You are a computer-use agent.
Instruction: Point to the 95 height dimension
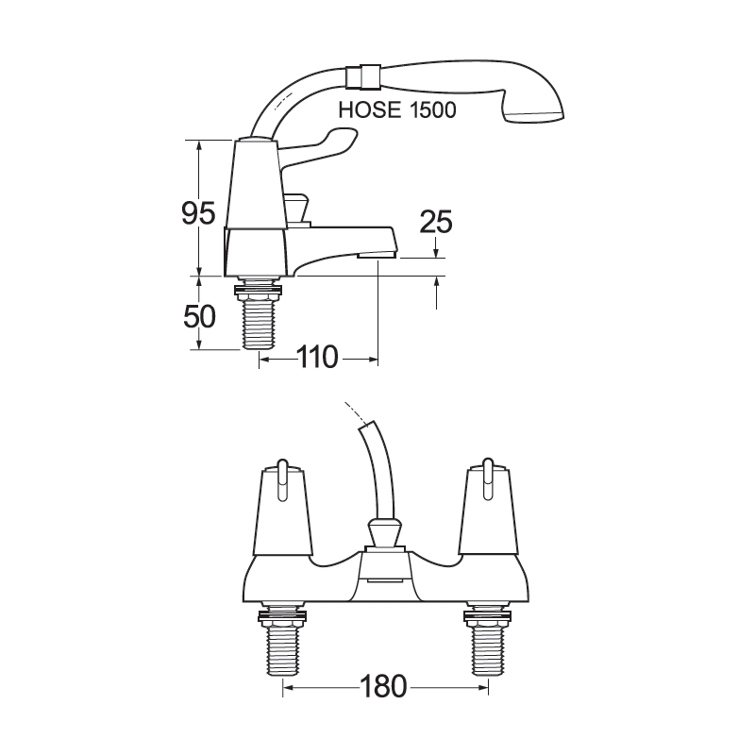click(199, 213)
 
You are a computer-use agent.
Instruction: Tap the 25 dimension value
click(435, 222)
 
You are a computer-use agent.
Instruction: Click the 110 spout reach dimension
click(318, 358)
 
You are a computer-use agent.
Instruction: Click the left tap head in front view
click(281, 514)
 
